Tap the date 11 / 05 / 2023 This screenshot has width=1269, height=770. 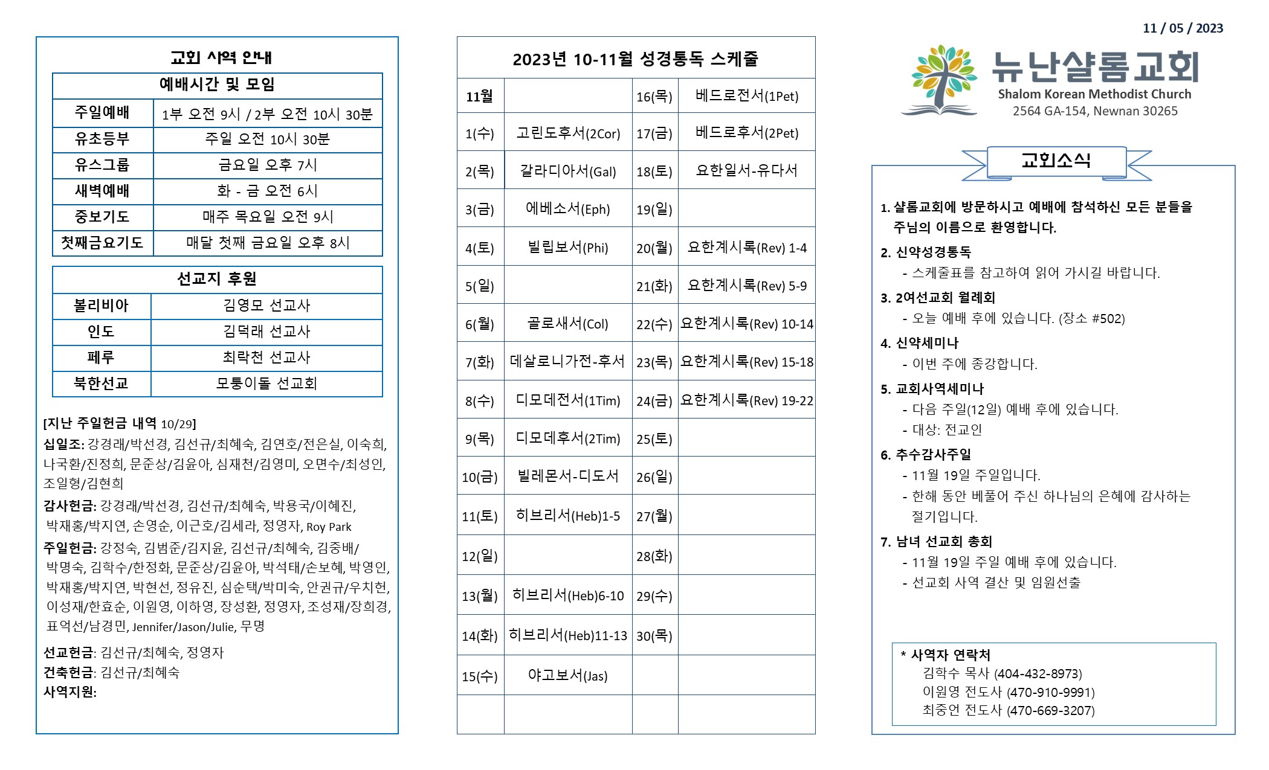pyautogui.click(x=1183, y=28)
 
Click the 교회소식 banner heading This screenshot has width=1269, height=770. pyautogui.click(x=1056, y=161)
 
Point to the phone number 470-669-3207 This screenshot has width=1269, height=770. pyautogui.click(x=1051, y=711)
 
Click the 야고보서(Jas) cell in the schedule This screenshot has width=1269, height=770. pyautogui.click(x=567, y=676)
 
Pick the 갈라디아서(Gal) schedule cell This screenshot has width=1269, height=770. pyautogui.click(x=567, y=172)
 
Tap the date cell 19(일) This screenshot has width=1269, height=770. pyautogui.click(x=654, y=210)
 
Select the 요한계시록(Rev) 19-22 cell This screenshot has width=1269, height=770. pyautogui.click(x=747, y=400)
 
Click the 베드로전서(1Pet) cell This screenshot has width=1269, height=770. pyautogui.click(x=747, y=96)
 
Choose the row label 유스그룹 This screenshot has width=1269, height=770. pyautogui.click(x=102, y=165)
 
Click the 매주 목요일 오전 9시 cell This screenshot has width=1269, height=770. pyautogui.click(x=268, y=217)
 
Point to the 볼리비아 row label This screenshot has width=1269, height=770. pyautogui.click(x=101, y=306)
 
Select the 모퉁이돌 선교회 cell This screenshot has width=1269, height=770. pyautogui.click(x=266, y=383)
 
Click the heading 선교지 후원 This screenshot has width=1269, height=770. pyautogui.click(x=217, y=279)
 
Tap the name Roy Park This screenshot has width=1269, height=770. pyautogui.click(x=329, y=527)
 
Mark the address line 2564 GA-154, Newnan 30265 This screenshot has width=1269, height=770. pyautogui.click(x=1095, y=111)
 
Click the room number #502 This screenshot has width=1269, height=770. pyautogui.click(x=1108, y=319)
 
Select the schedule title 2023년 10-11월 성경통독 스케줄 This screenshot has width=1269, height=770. pyautogui.click(x=635, y=59)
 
